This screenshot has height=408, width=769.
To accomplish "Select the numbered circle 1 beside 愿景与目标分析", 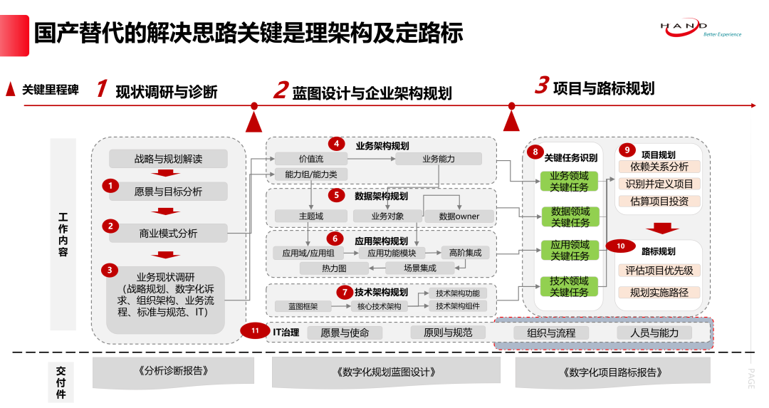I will click(x=110, y=186).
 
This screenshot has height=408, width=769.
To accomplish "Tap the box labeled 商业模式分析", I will click(x=168, y=233).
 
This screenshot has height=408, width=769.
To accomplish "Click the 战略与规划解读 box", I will click(x=168, y=159).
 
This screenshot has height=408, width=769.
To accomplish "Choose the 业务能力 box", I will click(x=438, y=159).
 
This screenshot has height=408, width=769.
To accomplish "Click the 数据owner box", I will click(x=459, y=216).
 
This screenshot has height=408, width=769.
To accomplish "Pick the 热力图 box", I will click(x=334, y=268).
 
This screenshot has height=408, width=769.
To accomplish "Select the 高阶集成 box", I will click(x=466, y=252).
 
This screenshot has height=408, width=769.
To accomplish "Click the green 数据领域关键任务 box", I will click(x=570, y=217).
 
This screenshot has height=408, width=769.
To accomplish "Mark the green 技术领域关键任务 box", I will click(x=570, y=286).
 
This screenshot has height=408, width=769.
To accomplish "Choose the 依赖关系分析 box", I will click(x=659, y=167).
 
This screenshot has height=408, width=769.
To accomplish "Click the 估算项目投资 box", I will click(x=659, y=201).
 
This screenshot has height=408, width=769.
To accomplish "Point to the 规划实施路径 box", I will click(x=659, y=292).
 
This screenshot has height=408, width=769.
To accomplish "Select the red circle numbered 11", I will click(x=254, y=331).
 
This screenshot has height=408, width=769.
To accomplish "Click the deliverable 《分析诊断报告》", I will click(x=169, y=371).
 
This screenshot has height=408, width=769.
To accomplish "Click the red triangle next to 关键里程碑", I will click(x=11, y=90).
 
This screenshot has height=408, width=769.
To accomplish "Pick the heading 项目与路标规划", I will click(x=603, y=88).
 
